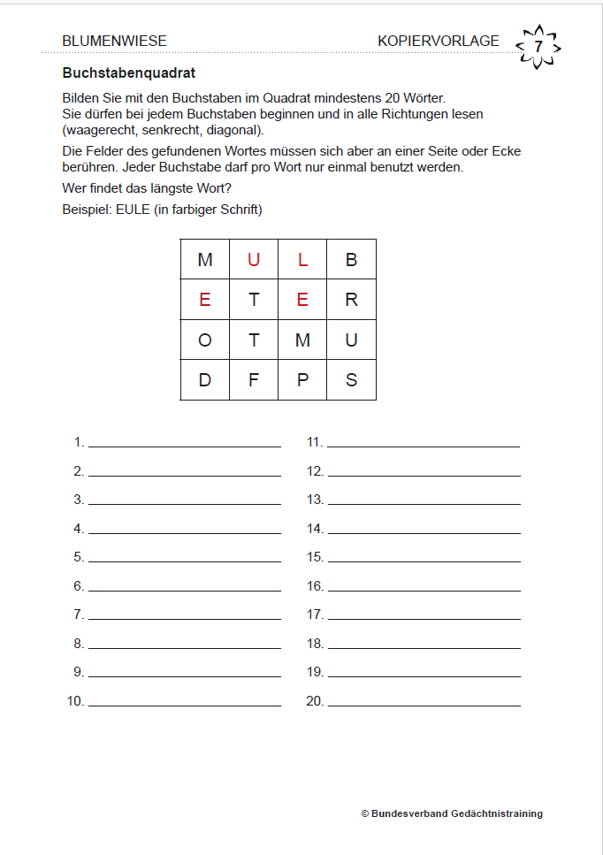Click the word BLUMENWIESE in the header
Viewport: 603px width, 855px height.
115,41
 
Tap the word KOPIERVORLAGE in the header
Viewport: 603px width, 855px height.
438,41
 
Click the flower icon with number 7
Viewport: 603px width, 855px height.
538,46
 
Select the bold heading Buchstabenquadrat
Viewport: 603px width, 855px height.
129,73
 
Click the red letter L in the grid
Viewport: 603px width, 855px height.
302,260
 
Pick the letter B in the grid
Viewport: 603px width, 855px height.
351,260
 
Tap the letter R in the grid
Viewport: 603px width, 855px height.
351,300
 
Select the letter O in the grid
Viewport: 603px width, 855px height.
205,340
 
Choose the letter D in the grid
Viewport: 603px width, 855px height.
205,381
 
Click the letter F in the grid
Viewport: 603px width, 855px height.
254,381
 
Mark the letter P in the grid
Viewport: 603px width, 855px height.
302,381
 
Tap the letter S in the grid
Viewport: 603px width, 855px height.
351,381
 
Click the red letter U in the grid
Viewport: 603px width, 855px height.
254,260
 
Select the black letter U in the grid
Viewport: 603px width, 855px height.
351,340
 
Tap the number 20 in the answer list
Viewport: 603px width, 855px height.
315,701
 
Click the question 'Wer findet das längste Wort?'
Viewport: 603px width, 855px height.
147,188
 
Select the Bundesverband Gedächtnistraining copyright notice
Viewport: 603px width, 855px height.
452,813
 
